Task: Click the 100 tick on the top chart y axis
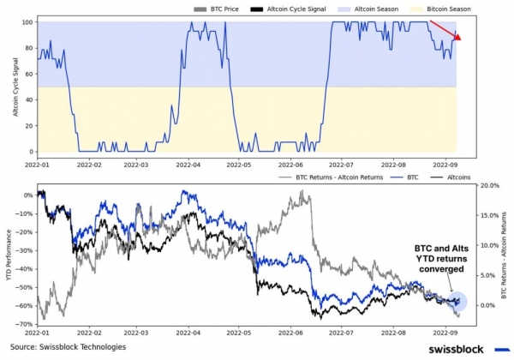pos(27,21)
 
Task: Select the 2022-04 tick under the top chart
pos(188,163)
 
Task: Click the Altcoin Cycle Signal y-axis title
pos(9,86)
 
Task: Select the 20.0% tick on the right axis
pos(488,185)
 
